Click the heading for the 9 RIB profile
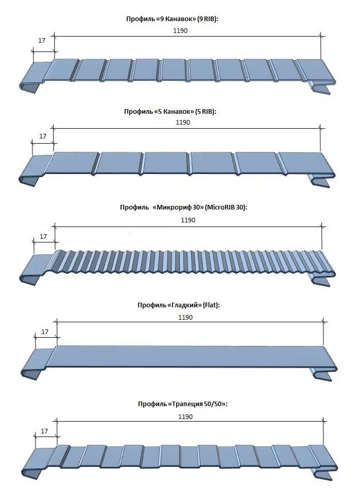[x=172, y=19]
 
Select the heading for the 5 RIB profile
[x=170, y=111]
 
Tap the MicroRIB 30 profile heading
[x=183, y=207]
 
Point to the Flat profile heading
[x=178, y=305]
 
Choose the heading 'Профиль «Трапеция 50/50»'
[x=183, y=404]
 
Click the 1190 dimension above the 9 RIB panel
[x=180, y=30]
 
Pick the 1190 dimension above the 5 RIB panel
[x=183, y=123]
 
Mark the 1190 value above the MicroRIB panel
[x=188, y=220]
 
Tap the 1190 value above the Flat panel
[x=185, y=317]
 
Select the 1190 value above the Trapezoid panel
[x=185, y=417]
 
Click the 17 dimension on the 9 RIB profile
[x=42, y=41]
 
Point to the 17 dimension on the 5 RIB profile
[x=43, y=136]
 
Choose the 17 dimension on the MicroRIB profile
[x=43, y=236]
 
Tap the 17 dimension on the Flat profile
[x=45, y=332]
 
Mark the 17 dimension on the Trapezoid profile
[x=44, y=431]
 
